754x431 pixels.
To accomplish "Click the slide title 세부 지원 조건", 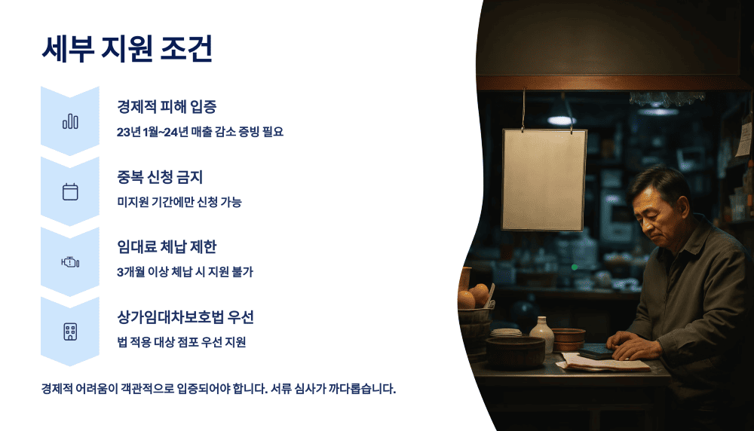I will (127, 50).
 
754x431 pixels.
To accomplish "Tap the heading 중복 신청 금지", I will (160, 177).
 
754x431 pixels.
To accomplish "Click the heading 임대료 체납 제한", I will (167, 247).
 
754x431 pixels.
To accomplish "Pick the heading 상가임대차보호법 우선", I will (191, 316).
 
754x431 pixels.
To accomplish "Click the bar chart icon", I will (70, 121).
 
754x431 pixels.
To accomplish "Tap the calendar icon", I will (70, 191).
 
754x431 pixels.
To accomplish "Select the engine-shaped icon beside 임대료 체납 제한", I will (70, 261).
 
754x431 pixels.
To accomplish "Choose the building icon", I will (70, 332).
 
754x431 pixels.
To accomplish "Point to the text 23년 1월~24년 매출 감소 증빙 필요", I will (200, 132).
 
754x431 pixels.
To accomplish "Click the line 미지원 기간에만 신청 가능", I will (179, 202).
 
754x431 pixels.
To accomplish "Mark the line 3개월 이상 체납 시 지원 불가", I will (185, 272).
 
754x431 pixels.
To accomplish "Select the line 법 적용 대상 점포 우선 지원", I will (181, 342).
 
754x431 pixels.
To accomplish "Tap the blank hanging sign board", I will (544, 179).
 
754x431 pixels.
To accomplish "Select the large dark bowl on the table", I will (515, 352).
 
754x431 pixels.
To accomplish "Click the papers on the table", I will (603, 363).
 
